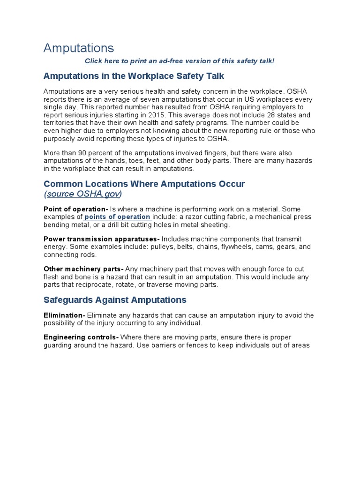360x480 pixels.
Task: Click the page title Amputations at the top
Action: point(78,48)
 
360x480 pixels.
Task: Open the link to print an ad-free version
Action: point(179,61)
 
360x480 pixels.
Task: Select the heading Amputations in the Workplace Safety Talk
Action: point(134,75)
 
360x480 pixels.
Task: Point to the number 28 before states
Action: point(277,115)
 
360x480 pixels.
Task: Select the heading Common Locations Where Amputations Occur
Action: point(144,184)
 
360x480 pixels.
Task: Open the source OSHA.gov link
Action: point(83,194)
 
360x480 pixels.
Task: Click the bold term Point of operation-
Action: point(75,209)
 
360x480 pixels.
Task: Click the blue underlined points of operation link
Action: point(117,217)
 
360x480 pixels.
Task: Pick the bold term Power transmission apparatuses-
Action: point(101,239)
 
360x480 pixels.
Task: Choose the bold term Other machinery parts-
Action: point(83,269)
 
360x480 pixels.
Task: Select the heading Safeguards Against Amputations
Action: point(115,300)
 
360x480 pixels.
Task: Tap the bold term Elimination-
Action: point(64,315)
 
